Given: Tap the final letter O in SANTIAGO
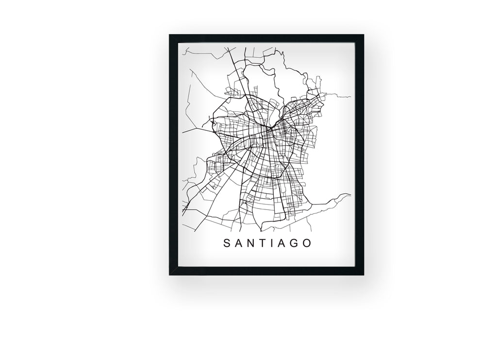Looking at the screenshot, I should pos(306,243).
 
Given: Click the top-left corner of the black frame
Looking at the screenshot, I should pos(170,35).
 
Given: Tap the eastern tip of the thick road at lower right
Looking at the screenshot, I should pos(350,195).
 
